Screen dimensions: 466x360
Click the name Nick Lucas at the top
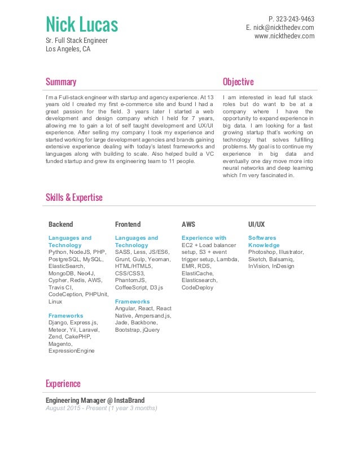(x=82, y=25)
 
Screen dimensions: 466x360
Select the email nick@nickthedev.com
(x=284, y=27)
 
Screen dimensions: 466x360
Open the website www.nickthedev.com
(x=284, y=36)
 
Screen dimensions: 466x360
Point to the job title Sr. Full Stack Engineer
(x=76, y=41)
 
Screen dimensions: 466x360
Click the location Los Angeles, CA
(x=68, y=49)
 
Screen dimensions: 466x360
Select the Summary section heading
(x=61, y=82)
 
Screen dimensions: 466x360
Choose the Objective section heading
(x=238, y=82)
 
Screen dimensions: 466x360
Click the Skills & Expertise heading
(x=74, y=197)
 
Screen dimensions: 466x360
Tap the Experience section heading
(x=63, y=384)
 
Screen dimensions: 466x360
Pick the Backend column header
(x=61, y=224)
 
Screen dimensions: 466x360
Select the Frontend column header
(x=128, y=224)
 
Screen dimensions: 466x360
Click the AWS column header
(x=188, y=224)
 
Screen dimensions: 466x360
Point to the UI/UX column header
(x=256, y=224)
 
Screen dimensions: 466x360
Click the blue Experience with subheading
(x=204, y=238)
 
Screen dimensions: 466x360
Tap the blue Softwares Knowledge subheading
(x=263, y=241)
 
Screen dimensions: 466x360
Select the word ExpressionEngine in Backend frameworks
(x=72, y=351)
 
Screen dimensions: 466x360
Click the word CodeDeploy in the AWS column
(x=197, y=287)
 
